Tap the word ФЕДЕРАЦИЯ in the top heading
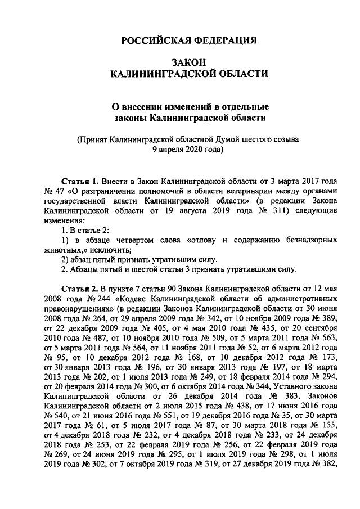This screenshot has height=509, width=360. tap(224, 40)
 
